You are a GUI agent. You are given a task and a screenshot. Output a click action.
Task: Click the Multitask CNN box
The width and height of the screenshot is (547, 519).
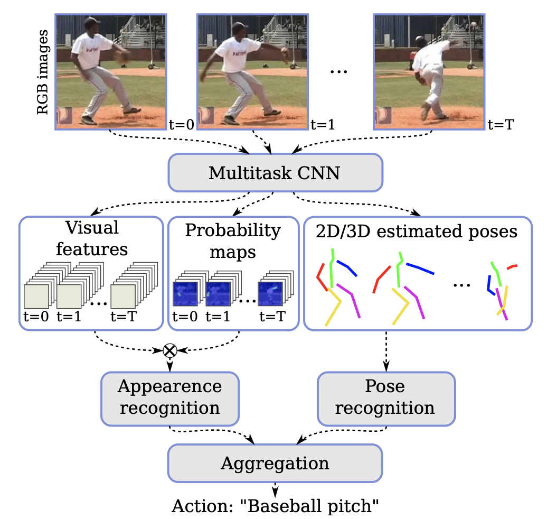pos(275,172)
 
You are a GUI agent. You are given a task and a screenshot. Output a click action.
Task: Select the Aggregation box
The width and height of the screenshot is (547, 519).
pos(275,464)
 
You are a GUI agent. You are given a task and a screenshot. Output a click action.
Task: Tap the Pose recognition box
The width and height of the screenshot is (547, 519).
pos(385,397)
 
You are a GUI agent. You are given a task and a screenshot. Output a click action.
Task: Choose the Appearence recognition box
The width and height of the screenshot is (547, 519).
pos(169,397)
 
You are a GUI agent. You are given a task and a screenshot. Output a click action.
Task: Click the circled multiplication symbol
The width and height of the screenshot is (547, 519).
pos(169,350)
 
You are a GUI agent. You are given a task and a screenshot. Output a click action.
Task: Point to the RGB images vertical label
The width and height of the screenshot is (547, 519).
pos(43,72)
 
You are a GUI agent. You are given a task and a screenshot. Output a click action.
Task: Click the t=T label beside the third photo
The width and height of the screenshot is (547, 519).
pos(500,125)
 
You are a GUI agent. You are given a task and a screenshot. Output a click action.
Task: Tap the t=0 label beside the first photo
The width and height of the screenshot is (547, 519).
pos(181,125)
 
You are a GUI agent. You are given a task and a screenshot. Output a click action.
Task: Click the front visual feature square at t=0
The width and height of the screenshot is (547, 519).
pos(36,296)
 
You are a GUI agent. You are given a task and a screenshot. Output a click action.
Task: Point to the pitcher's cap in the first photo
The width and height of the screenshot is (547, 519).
pos(92,22)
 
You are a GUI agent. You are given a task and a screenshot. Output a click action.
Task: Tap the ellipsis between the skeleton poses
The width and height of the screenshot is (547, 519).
pos(461,285)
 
